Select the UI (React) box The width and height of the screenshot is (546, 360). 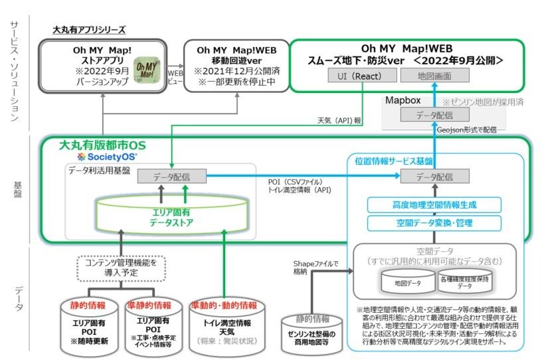pyautogui.click(x=357, y=76)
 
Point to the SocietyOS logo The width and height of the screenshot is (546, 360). pyautogui.click(x=107, y=157)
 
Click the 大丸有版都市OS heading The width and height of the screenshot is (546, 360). pyautogui.click(x=106, y=145)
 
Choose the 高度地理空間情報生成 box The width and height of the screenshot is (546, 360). pyautogui.click(x=435, y=204)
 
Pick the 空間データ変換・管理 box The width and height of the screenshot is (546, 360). pyautogui.click(x=435, y=223)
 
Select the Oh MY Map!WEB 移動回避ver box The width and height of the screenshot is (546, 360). pyautogui.click(x=237, y=65)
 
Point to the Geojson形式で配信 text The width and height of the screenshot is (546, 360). pyautogui.click(x=470, y=130)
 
